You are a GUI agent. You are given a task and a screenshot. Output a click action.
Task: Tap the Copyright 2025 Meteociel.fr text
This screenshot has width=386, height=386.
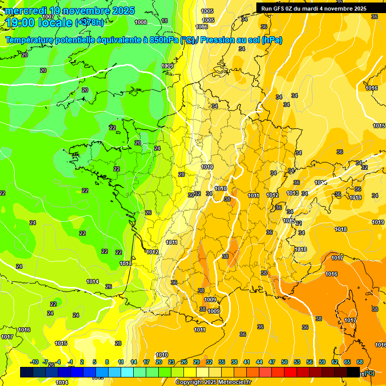(213, 382)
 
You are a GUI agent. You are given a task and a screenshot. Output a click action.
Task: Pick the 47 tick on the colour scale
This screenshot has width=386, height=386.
(272, 362)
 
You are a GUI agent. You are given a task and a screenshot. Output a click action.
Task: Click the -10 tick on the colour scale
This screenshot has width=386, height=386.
(34, 362)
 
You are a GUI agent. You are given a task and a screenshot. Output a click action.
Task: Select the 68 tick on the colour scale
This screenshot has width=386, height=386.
(360, 362)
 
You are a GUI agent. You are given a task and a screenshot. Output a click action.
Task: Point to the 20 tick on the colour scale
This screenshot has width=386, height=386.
(159, 362)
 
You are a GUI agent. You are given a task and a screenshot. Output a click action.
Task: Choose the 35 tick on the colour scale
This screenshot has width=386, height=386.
(222, 362)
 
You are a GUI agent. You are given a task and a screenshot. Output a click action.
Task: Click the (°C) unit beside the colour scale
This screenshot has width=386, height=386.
(369, 373)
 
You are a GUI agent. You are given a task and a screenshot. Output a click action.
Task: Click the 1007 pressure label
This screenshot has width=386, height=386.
(48, 31)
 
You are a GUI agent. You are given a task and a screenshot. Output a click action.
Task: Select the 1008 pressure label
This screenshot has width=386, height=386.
(141, 22)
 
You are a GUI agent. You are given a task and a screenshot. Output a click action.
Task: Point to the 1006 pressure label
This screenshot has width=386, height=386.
(202, 27)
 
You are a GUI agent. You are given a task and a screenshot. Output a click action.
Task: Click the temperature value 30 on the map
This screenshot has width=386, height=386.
(191, 195)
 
